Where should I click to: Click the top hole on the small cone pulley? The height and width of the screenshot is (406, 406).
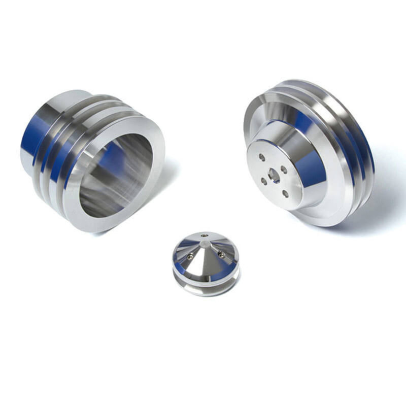pos(204,235)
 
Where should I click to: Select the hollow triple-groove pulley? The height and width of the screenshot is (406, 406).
pos(91,157)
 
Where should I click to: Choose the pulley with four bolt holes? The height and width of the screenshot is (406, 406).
pos(310,152)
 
